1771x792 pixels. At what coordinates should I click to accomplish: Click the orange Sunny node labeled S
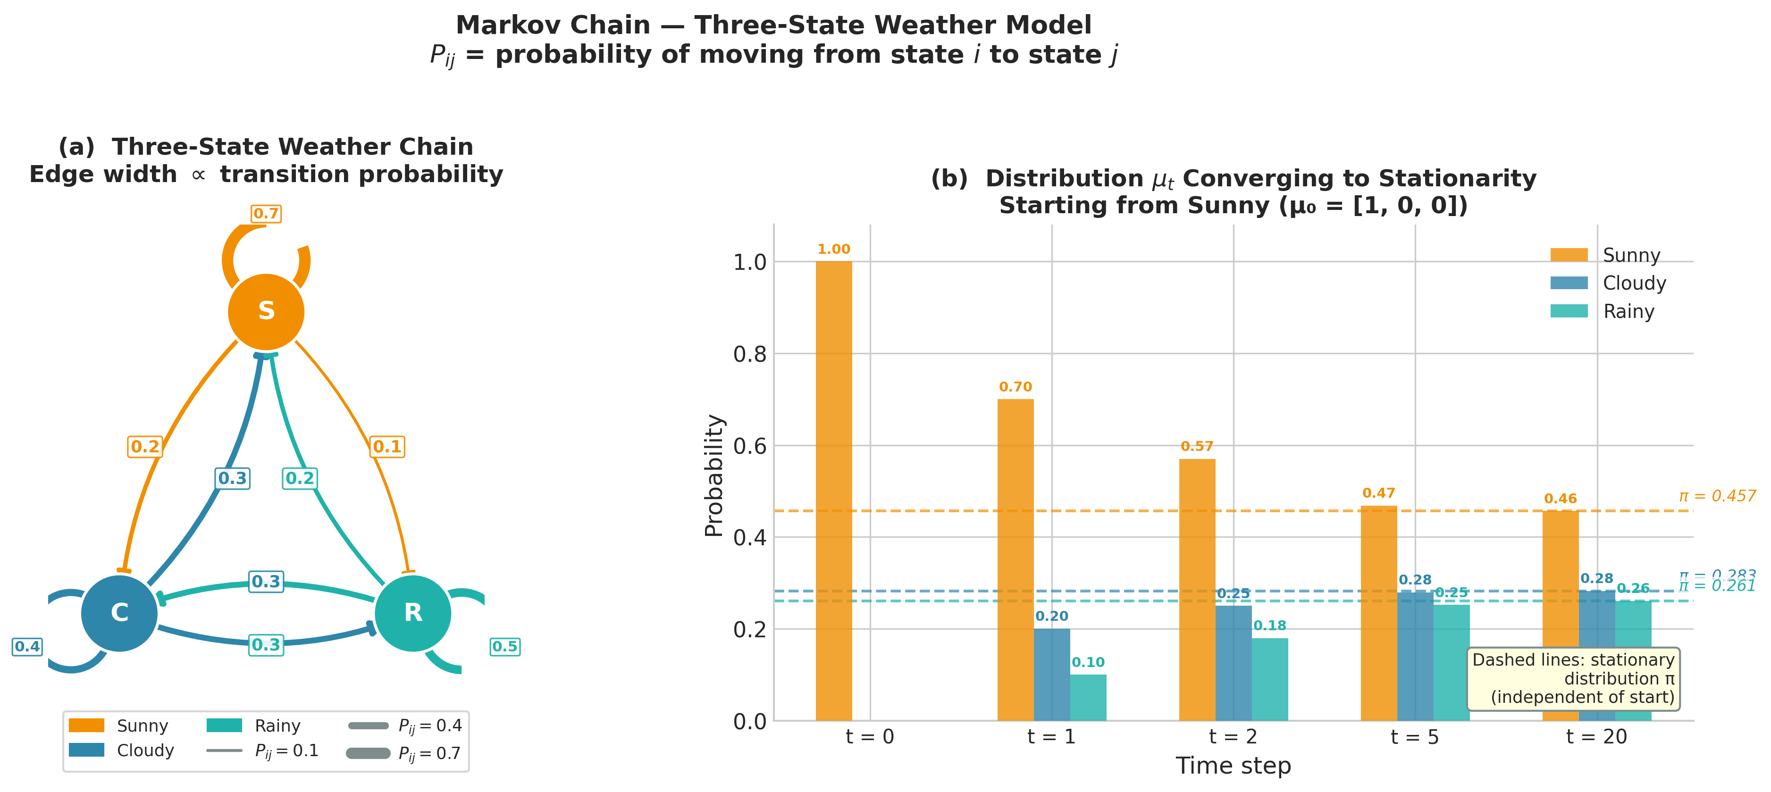266,311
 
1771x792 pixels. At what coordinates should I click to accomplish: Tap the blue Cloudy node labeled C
120,613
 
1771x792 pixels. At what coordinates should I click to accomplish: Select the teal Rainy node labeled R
412,613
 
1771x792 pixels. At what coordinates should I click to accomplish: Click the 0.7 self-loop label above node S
266,214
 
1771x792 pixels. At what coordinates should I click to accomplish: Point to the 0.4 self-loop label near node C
27,646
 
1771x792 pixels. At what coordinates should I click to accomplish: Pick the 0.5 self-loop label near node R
504,646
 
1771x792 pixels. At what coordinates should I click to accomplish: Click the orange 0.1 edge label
387,447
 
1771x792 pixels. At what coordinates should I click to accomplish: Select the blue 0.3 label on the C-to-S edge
232,478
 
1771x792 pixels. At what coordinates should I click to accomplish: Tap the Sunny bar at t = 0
833,491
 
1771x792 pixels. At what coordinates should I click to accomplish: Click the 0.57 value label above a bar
1197,447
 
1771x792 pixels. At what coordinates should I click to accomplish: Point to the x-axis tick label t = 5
1414,737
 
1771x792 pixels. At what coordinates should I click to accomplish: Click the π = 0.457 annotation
1717,496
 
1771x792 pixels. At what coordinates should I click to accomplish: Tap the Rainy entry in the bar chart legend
1628,311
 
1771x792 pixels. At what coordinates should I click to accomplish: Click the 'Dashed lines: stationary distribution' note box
1573,679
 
